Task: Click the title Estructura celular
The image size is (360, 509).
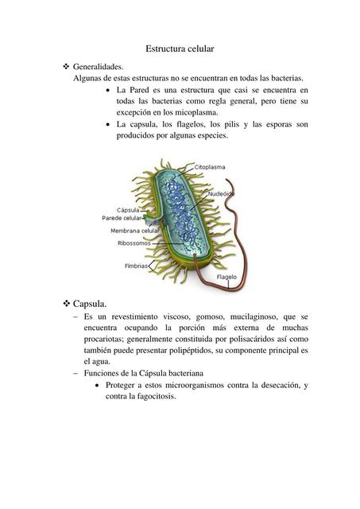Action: point(180,49)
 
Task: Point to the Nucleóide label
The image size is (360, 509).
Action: point(221,193)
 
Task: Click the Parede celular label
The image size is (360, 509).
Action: point(122,218)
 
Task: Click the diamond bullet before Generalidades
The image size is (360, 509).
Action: point(66,68)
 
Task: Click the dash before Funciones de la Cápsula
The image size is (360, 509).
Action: point(75,372)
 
